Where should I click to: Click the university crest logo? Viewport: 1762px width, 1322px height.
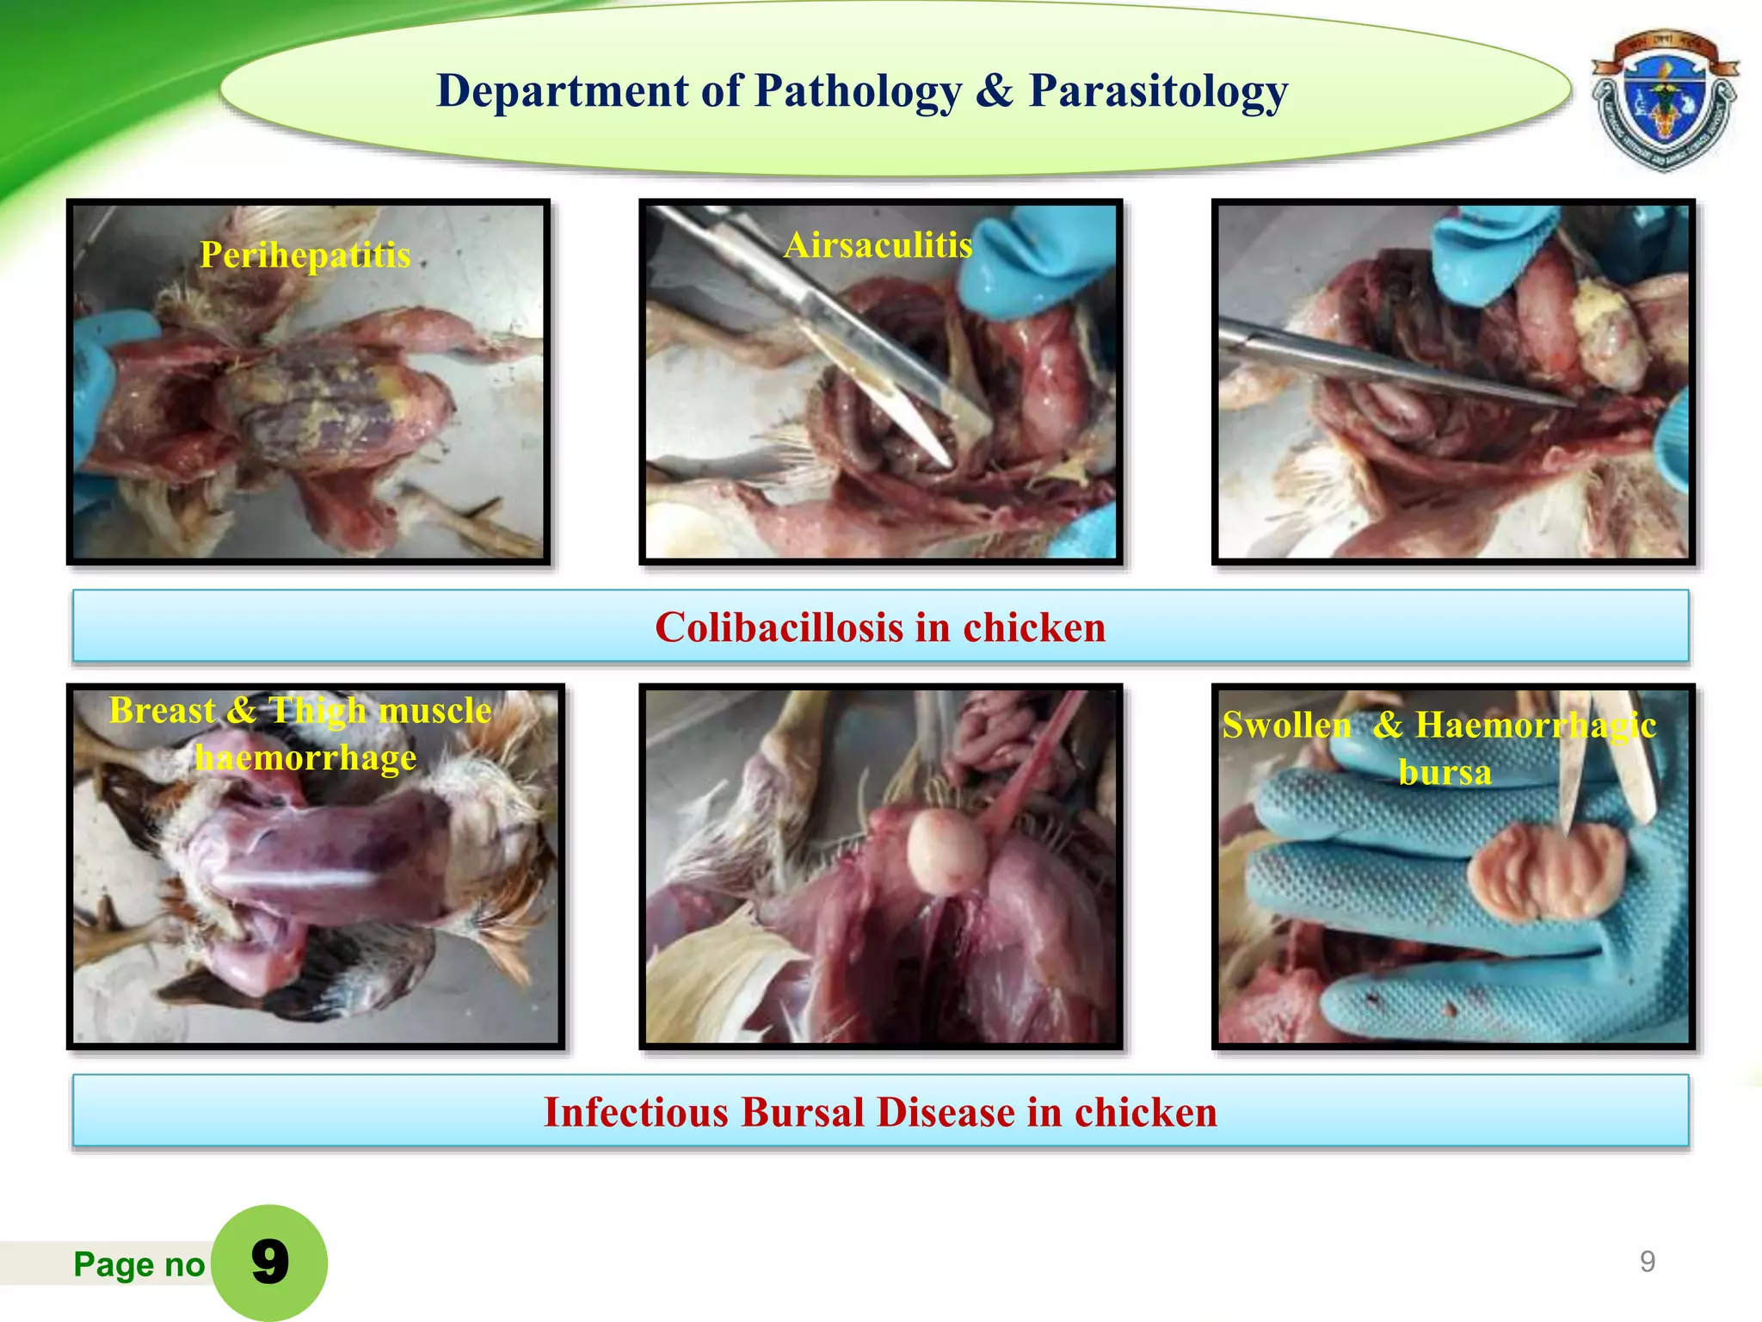pos(1663,101)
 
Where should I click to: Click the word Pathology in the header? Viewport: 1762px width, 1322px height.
pos(858,91)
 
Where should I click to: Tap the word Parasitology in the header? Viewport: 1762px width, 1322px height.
pos(1158,91)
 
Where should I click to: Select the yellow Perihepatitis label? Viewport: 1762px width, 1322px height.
pos(305,255)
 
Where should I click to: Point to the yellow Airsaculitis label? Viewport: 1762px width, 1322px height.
pos(878,245)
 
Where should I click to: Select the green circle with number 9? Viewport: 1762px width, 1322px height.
pos(269,1262)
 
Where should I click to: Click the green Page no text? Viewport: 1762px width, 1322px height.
pos(139,1264)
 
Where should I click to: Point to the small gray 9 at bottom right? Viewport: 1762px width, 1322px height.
pos(1647,1262)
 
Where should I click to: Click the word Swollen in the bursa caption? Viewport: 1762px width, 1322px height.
pos(1286,726)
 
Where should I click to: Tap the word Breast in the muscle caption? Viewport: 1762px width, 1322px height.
pos(162,711)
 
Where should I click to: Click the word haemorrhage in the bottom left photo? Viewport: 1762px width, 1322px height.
pos(305,758)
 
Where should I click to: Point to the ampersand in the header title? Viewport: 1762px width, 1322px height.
pos(995,91)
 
